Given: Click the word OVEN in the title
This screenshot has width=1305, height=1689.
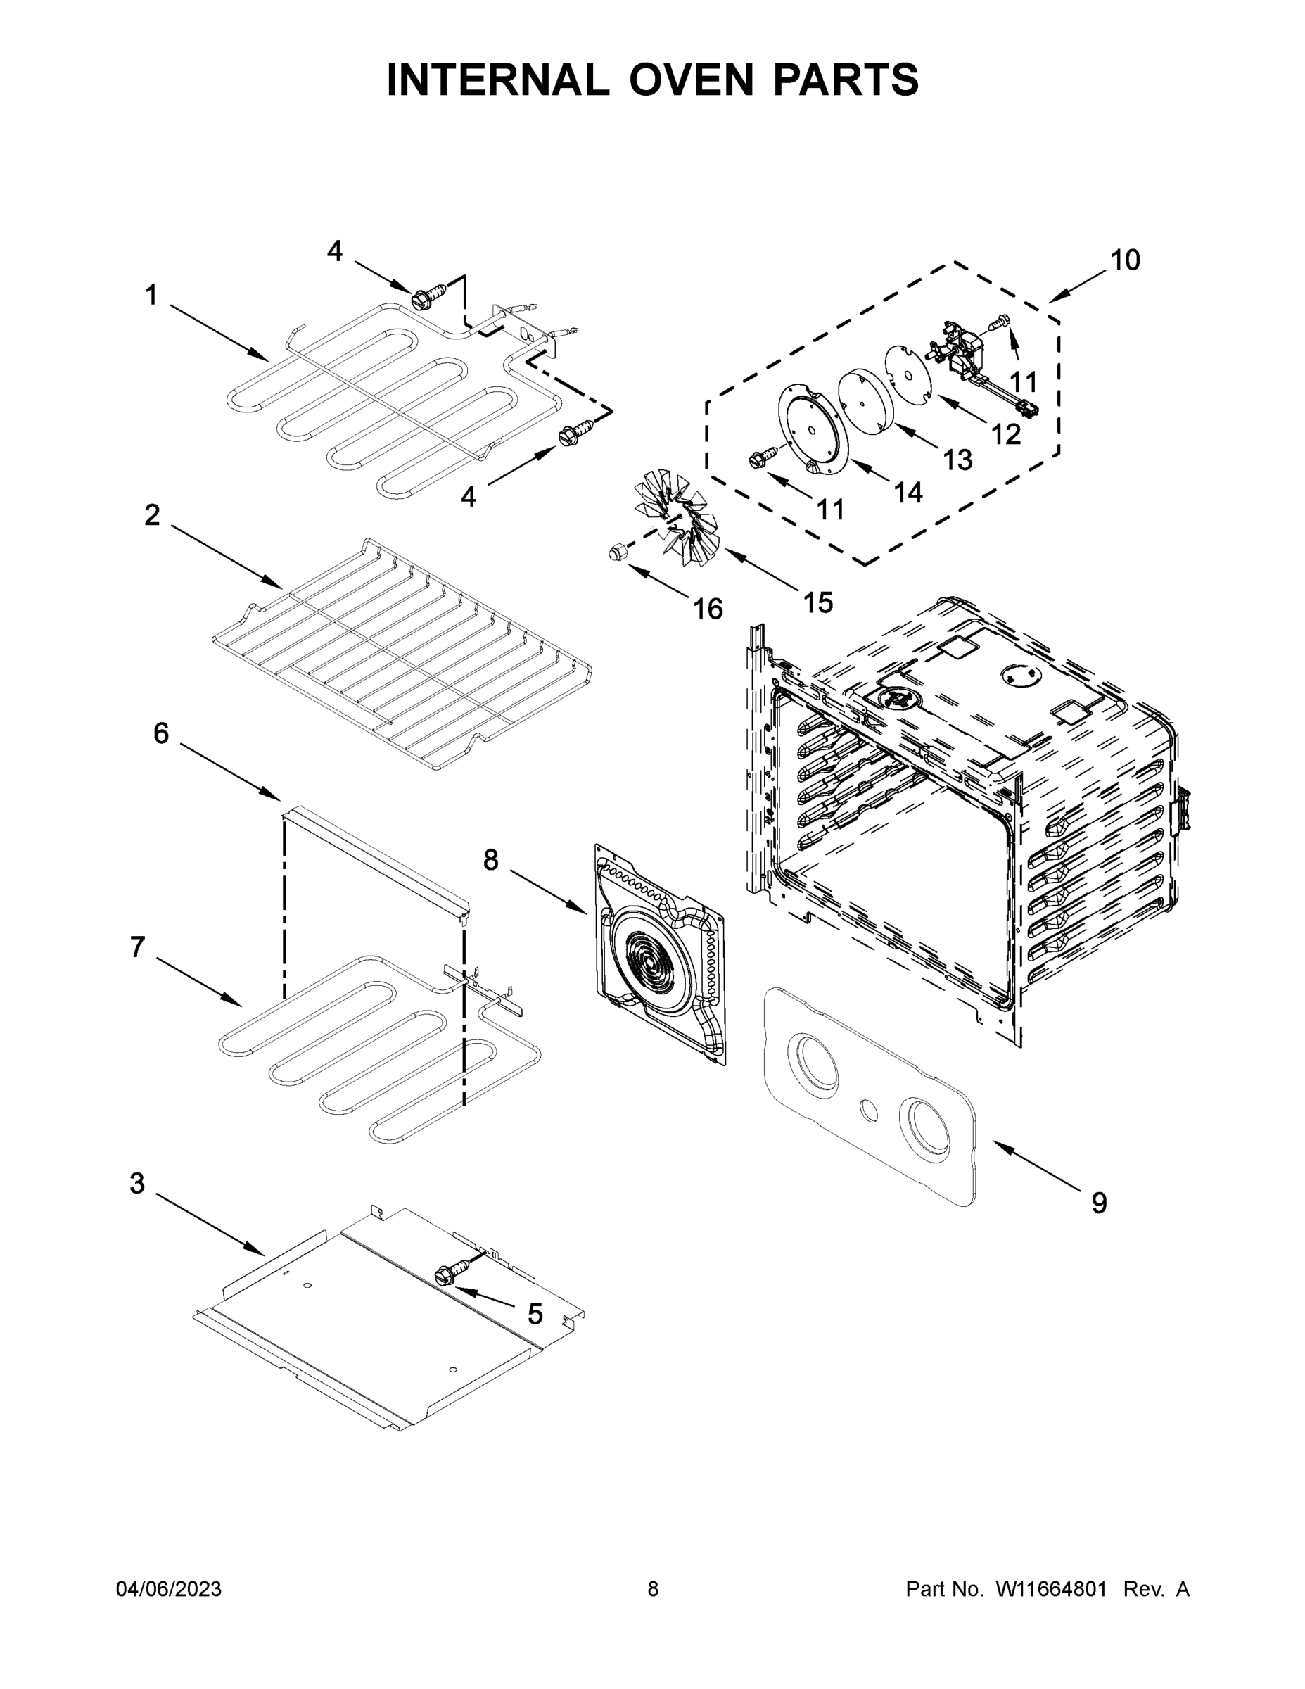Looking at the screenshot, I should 691,80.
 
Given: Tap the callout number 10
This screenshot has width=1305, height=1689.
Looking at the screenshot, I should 1125,260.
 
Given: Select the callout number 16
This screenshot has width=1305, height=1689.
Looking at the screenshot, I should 708,609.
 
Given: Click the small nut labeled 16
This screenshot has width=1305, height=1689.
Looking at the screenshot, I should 616,552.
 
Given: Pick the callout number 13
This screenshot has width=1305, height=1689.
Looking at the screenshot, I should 957,460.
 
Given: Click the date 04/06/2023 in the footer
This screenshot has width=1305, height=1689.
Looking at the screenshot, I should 169,1588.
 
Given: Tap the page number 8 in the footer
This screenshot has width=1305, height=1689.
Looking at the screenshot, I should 653,1588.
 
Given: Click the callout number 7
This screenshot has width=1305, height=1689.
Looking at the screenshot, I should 138,947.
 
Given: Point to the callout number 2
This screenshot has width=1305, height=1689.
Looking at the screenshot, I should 152,515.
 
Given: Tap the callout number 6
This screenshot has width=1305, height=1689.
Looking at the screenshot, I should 161,733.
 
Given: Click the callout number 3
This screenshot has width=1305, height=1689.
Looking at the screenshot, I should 138,1183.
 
